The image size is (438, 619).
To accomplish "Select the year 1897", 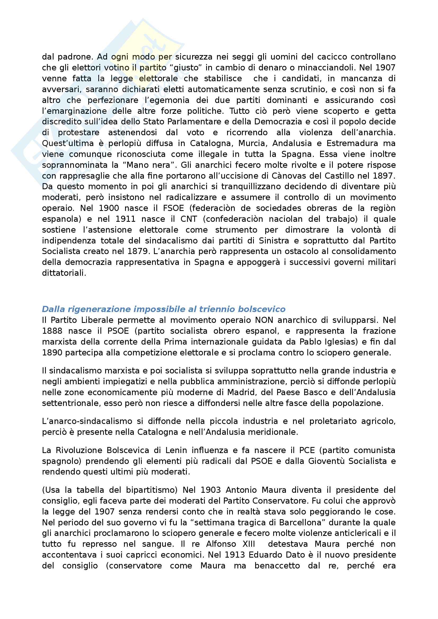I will pyautogui.click(x=384, y=176).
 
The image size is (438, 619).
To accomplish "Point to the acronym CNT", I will pyautogui.click(x=189, y=219).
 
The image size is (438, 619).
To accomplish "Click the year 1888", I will pyautogui.click(x=52, y=331).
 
